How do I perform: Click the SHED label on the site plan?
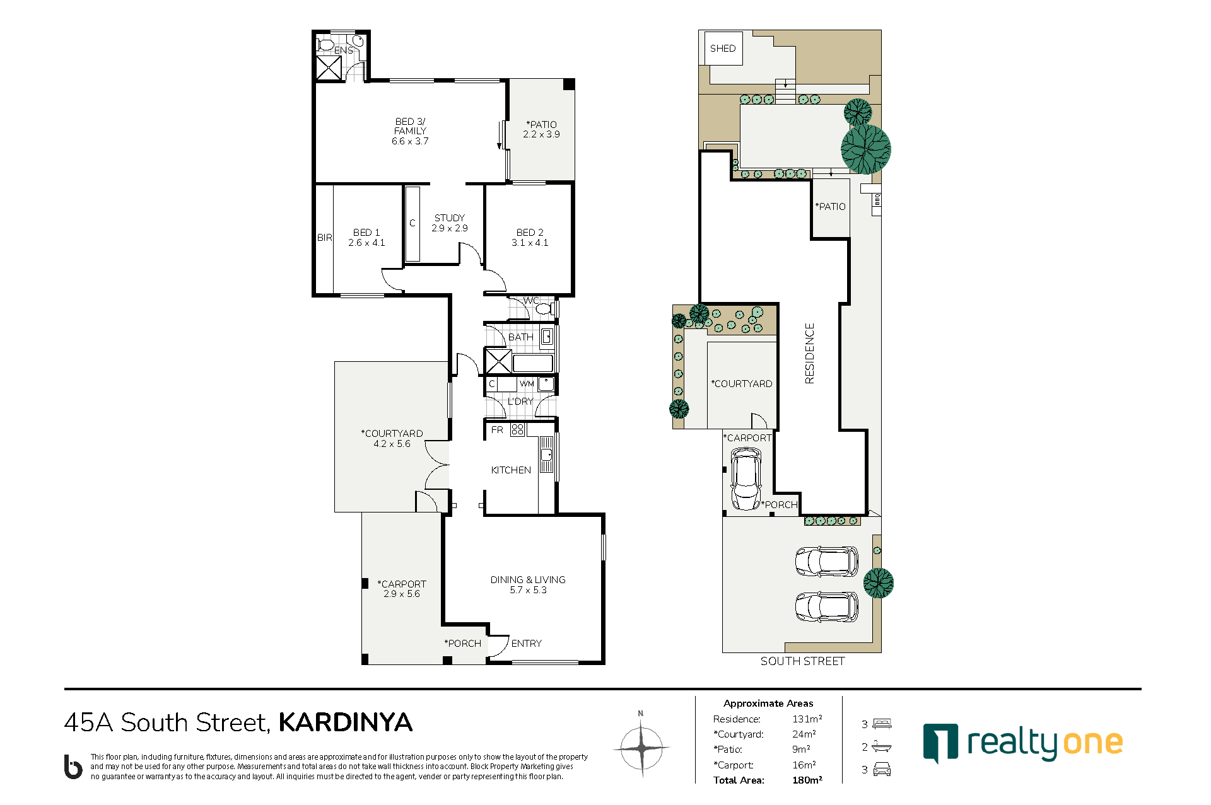pos(723,49)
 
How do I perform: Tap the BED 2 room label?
pos(530,233)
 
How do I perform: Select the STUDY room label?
pos(450,218)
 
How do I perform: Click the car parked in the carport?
pos(746,478)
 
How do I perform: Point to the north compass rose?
pos(641,747)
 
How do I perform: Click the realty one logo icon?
pos(940,743)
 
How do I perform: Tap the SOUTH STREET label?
pos(802,661)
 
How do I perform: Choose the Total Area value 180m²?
pos(807,780)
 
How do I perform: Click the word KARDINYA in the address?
pos(346,722)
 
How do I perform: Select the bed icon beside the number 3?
pos(882,724)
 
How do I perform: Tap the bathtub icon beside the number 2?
pos(882,747)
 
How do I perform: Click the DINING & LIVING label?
pos(528,580)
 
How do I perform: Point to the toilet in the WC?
pos(546,309)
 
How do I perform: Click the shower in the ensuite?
pos(329,68)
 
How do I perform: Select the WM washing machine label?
pos(527,384)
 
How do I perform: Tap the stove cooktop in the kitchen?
pos(517,430)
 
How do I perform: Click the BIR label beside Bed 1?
pos(324,238)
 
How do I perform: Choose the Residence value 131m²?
pos(807,719)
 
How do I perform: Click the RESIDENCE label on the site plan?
pos(810,353)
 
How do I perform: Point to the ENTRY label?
pos(527,644)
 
